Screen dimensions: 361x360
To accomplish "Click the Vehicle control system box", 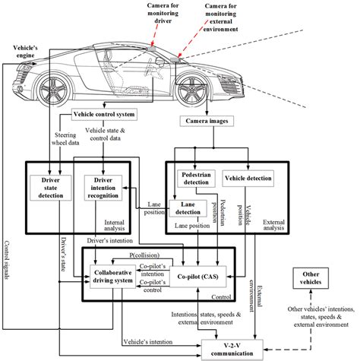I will pyautogui.click(x=103, y=114).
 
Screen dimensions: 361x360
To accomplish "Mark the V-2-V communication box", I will pyautogui.click(x=232, y=347).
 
